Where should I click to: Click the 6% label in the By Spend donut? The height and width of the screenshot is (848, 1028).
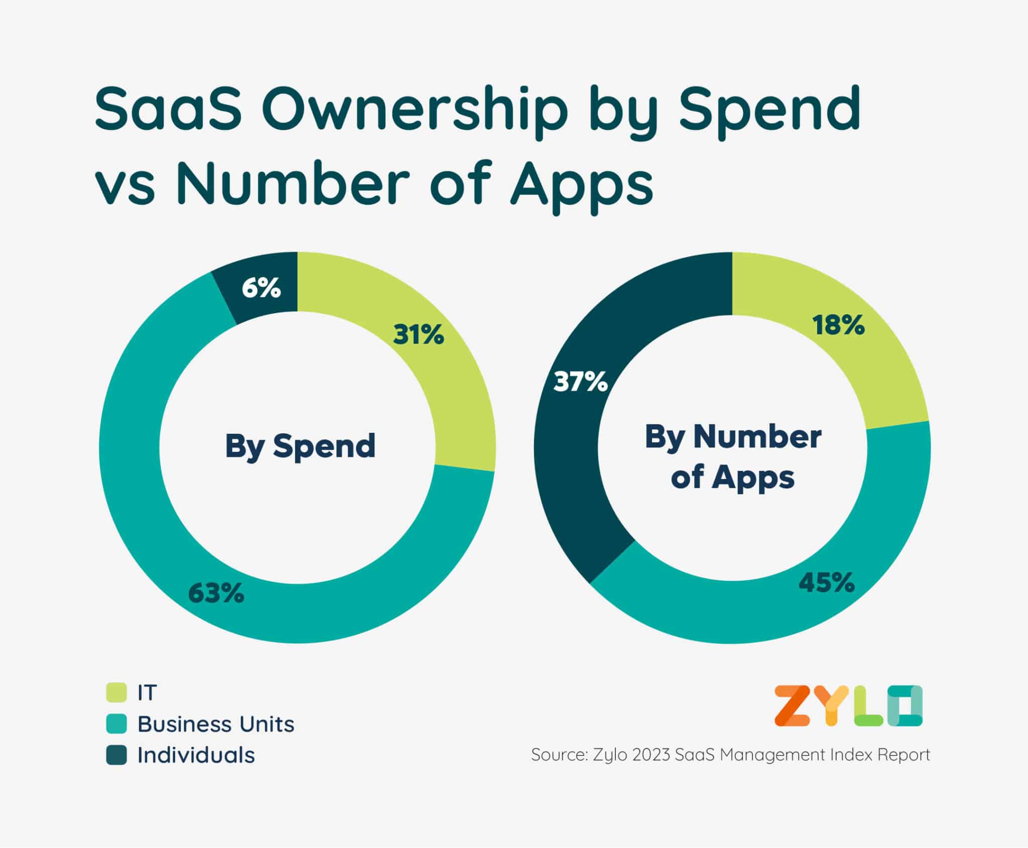261,288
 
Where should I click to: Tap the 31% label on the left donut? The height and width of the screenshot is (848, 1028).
419,334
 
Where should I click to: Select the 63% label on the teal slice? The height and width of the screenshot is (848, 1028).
216,593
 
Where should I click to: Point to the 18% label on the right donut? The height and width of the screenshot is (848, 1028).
839,325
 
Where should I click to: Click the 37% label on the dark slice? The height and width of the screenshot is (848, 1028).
581,382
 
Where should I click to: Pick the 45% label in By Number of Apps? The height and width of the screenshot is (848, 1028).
826,583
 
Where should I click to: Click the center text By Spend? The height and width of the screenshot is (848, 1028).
300,446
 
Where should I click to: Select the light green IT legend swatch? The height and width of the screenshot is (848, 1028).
116,692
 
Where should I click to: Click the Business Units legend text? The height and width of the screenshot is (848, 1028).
216,724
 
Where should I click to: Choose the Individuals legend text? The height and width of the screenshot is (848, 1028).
196,755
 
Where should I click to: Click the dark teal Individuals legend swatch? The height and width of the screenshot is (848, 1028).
116,755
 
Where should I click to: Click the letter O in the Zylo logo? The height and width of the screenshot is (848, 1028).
905,706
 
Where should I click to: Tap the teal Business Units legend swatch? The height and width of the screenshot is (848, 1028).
116,724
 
